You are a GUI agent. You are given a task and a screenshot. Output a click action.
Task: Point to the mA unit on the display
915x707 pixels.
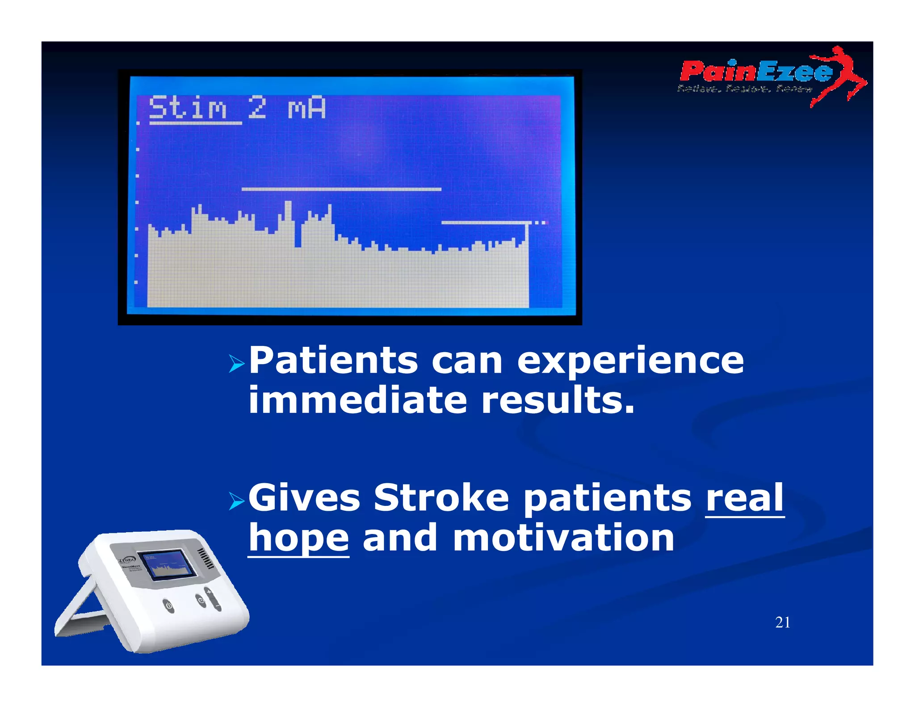[306, 108]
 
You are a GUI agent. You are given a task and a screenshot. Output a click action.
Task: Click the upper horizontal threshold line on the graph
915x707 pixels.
[341, 189]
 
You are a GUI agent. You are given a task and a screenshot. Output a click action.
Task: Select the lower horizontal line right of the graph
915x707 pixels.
[487, 222]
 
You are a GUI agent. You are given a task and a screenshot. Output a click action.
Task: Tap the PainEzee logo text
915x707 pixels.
[755, 72]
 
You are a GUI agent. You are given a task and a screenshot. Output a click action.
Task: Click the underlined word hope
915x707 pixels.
[298, 538]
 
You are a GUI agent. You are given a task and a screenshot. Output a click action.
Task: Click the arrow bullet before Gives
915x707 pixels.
[236, 501]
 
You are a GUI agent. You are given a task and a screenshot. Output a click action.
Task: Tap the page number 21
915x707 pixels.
[782, 622]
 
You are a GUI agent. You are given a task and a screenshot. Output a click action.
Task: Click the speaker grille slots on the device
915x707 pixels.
[206, 559]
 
